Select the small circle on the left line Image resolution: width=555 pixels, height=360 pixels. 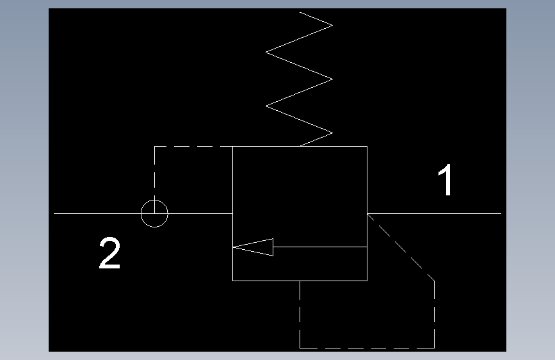[x=154, y=213]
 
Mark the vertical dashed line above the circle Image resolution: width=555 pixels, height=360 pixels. [x=154, y=173]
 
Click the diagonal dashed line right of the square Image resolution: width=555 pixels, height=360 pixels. [x=402, y=247]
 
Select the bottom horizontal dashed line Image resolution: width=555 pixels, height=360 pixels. [x=367, y=347]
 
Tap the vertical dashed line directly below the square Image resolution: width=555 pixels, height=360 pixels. [x=300, y=314]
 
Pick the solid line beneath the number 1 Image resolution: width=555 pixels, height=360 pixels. [x=435, y=213]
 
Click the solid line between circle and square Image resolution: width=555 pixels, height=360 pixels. [x=200, y=213]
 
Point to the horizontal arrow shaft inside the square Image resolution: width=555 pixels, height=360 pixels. [x=320, y=247]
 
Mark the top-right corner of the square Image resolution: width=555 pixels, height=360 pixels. [x=367, y=147]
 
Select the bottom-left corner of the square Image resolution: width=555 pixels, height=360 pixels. [x=232, y=280]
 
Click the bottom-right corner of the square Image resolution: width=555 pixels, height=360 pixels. [x=367, y=280]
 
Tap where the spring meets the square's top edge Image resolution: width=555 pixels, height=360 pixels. [x=300, y=147]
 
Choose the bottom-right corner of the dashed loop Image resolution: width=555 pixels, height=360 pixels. [x=435, y=347]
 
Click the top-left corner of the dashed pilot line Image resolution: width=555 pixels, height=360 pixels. [x=154, y=147]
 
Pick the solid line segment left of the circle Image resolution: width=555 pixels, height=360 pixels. [x=96, y=213]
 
